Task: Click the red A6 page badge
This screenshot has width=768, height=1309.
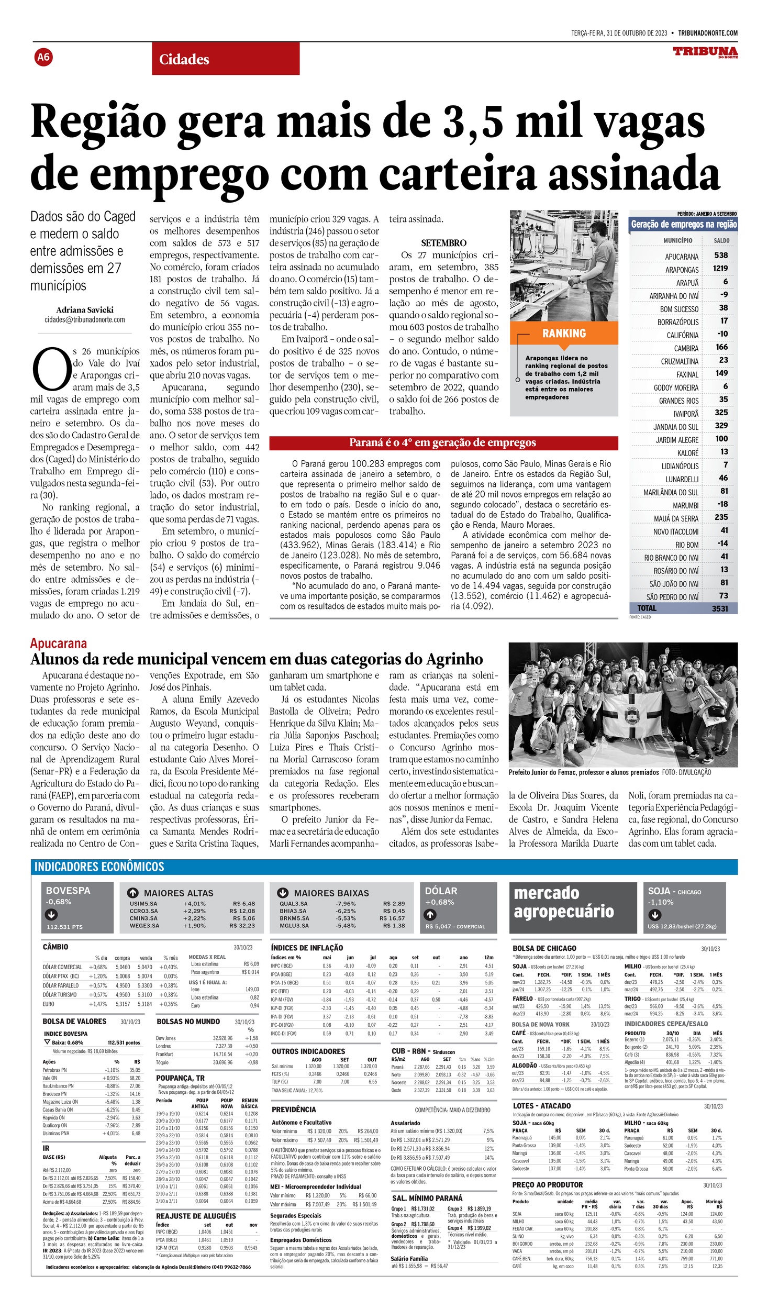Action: [43, 57]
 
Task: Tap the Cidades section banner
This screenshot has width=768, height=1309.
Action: [226, 59]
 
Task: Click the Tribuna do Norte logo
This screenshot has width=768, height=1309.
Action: [705, 52]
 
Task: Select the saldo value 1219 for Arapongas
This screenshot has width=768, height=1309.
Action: [720, 269]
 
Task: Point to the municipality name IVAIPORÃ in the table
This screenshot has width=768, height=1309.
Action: [686, 414]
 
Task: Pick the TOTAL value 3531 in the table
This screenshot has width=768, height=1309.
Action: [720, 608]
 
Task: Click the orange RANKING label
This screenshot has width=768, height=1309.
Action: [564, 334]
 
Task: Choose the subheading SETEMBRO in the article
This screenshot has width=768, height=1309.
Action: [443, 243]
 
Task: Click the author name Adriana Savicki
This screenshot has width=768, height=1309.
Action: [85, 310]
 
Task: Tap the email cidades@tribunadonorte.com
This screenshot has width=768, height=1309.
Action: [85, 320]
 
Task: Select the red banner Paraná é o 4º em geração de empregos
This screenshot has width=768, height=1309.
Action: [443, 443]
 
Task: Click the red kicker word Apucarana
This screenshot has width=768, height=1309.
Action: [59, 644]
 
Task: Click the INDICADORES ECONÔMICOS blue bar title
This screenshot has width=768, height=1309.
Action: [99, 867]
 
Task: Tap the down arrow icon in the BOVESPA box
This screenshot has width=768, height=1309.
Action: [51, 915]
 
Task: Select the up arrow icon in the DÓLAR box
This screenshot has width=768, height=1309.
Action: [430, 915]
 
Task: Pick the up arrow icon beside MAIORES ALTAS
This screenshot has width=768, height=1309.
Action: [133, 893]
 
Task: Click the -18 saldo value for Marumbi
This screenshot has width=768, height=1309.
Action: [722, 504]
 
